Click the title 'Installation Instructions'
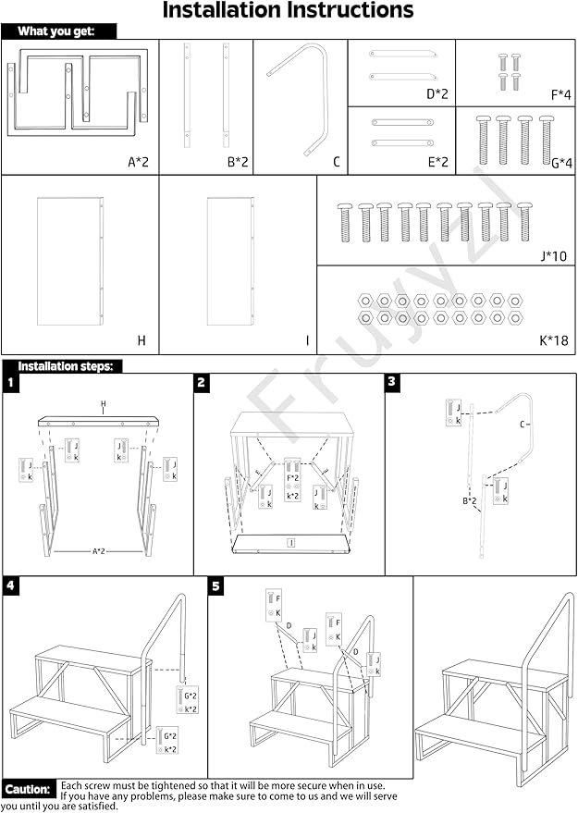click(288, 12)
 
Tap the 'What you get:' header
click(61, 31)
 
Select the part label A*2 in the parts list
click(138, 162)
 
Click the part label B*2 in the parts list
click(239, 162)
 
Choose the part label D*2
click(437, 93)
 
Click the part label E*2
click(437, 162)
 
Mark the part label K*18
click(554, 341)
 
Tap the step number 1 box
click(11, 382)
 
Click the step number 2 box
click(202, 382)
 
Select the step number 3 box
click(392, 382)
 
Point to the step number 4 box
click(11, 585)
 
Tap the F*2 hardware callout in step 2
click(292, 478)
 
